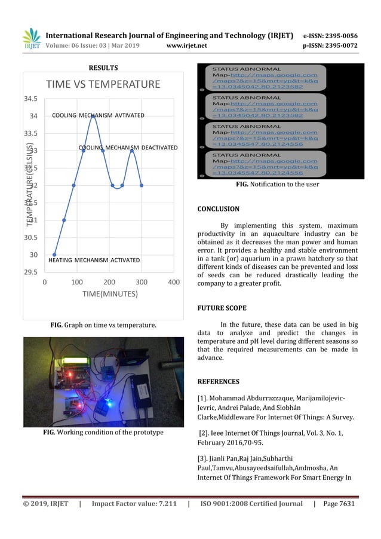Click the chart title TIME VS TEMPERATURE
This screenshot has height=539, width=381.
tap(103, 84)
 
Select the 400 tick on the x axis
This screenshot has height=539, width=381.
tap(174, 281)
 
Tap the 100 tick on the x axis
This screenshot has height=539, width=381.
tap(76, 281)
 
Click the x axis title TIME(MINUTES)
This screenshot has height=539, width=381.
tap(109, 294)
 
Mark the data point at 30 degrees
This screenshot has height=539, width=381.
tap(54, 255)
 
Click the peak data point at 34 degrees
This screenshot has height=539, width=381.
tap(93, 116)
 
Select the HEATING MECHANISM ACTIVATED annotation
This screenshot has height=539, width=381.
tap(94, 261)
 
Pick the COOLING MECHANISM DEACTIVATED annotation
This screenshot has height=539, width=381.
tap(128, 147)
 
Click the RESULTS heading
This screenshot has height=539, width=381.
tap(103, 68)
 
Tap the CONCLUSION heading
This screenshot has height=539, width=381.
tap(218, 209)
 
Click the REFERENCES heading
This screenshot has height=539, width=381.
tap(218, 381)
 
